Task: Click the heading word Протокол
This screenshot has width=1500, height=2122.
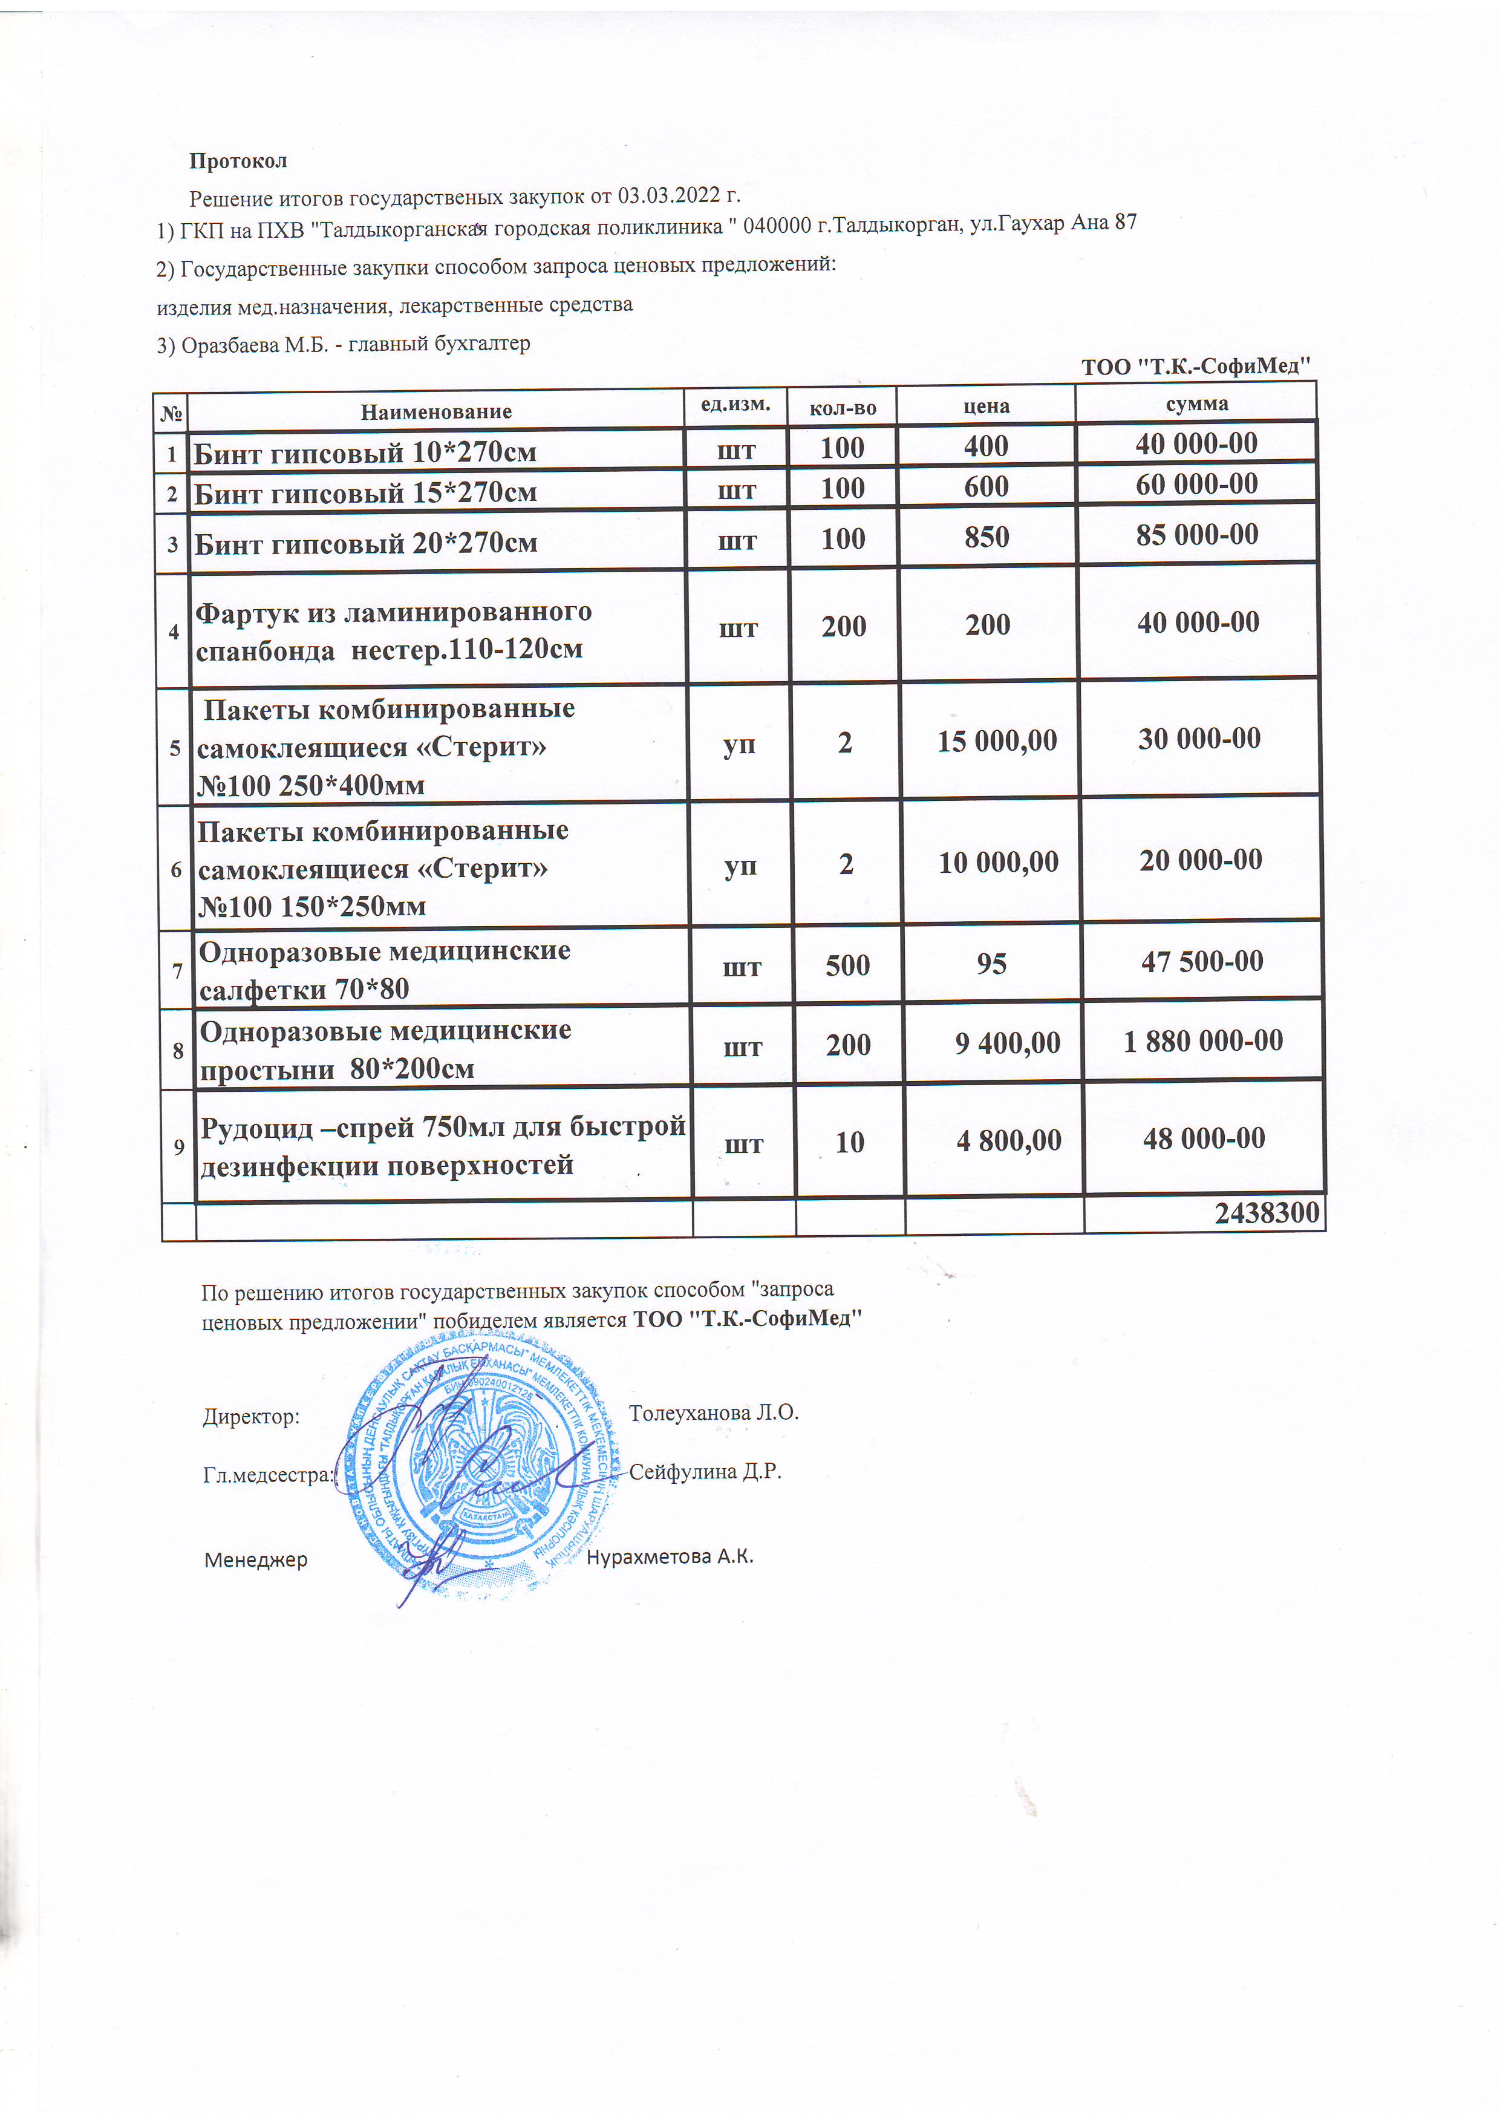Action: tap(238, 161)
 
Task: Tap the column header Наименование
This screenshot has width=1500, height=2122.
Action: tap(435, 411)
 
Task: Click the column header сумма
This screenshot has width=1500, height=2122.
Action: tap(1197, 404)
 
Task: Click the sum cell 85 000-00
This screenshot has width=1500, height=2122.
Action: tap(1197, 534)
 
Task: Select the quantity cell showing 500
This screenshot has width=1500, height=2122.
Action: tap(847, 965)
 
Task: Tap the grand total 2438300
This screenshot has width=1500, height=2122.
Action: tap(1266, 1213)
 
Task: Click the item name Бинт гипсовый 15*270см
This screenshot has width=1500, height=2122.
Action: tap(365, 492)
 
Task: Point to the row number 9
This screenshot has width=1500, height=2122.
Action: tap(178, 1147)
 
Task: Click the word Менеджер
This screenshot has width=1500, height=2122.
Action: tap(255, 1560)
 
